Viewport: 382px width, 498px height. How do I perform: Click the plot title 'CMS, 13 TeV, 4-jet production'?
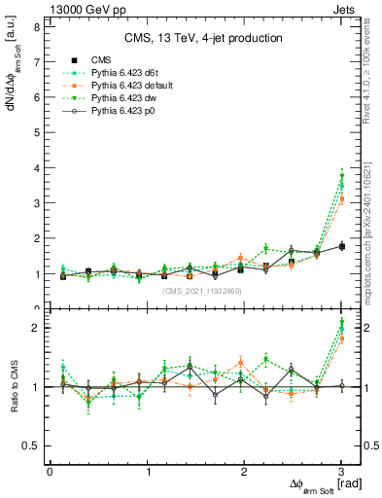(203, 38)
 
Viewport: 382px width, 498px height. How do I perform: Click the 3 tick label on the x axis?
(341, 473)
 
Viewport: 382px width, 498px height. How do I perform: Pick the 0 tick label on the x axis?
(50, 473)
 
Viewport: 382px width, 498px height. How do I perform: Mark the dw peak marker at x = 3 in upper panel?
(341, 176)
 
